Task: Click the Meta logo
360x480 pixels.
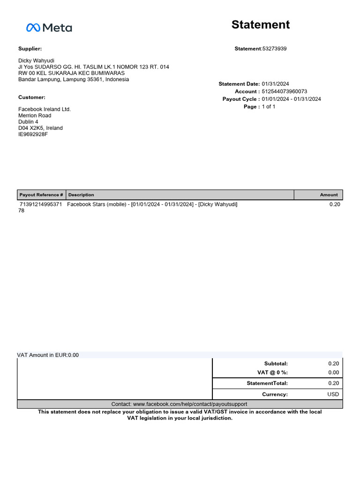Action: (x=49, y=28)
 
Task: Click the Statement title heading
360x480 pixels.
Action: (x=261, y=25)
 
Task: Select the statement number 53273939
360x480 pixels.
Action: (x=274, y=49)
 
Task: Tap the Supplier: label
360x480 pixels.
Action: (x=30, y=49)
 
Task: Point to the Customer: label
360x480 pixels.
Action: (x=32, y=97)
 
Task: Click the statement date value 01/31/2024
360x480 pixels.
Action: (x=276, y=84)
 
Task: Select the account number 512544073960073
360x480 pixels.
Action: (x=285, y=91)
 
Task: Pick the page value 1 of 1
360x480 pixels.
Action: (x=268, y=107)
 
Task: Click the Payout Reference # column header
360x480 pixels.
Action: (x=41, y=195)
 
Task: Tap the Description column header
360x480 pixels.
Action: (x=81, y=195)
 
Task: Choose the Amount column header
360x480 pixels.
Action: (x=329, y=195)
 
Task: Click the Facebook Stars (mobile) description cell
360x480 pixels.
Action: (x=152, y=204)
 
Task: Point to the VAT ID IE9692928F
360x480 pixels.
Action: (x=33, y=135)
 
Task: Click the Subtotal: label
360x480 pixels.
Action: (x=276, y=363)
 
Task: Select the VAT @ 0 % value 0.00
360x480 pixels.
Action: (x=333, y=373)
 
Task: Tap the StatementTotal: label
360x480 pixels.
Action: (x=267, y=383)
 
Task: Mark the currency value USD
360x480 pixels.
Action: (x=333, y=394)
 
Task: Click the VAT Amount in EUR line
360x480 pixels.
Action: (x=48, y=355)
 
